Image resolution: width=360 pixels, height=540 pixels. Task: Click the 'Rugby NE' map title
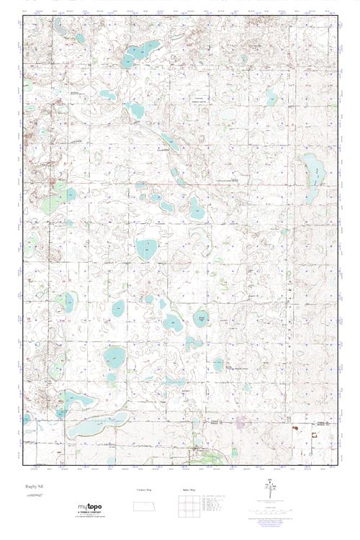coord(34,487)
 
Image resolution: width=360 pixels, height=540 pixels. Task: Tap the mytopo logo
coord(92,508)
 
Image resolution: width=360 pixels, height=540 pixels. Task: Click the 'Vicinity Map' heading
coord(145,490)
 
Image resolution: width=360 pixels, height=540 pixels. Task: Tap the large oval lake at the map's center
coord(147,249)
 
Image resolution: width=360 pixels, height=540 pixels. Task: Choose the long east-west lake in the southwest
coord(90,429)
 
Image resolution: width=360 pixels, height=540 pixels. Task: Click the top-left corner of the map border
coord(22,16)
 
